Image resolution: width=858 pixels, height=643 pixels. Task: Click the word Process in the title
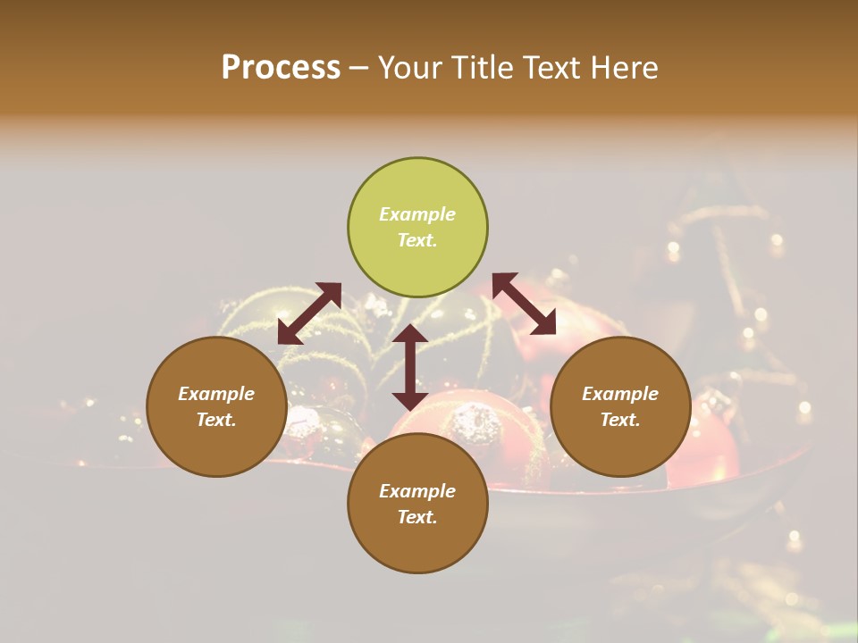pos(281,68)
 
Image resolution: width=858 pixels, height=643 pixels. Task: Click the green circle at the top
pos(417,227)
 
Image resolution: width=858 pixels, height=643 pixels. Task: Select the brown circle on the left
pos(216,406)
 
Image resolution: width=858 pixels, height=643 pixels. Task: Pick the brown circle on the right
pos(620,406)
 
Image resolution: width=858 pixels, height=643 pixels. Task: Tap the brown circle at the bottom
pos(417,504)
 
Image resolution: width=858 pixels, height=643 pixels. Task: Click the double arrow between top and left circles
pos(309,313)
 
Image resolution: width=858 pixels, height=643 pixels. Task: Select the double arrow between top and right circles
pos(525,304)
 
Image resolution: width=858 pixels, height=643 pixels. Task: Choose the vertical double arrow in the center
pos(410,367)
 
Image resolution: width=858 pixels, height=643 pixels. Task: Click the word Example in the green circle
pos(417,214)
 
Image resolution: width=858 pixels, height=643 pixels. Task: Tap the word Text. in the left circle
pos(216,420)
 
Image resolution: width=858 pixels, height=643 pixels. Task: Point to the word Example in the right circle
pos(620,394)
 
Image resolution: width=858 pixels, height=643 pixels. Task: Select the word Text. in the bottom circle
pos(417,517)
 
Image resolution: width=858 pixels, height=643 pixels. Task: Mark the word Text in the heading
pos(549,68)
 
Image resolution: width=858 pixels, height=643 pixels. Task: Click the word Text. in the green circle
pos(417,240)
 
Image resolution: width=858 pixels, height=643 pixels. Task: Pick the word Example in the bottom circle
pos(417,491)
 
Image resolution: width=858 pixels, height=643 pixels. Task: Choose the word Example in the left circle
pos(216,394)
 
